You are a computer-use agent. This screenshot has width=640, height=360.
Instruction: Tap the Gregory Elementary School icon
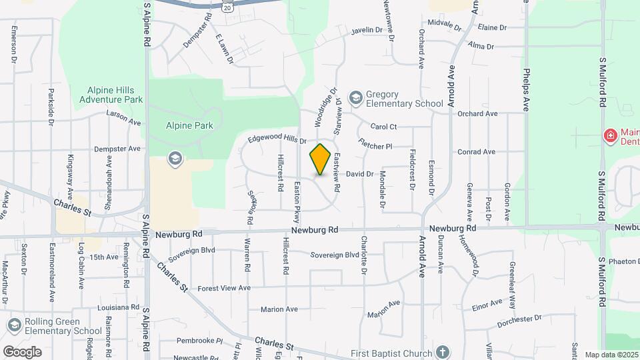(355, 99)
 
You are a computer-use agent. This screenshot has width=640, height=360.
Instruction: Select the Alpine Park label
(189, 125)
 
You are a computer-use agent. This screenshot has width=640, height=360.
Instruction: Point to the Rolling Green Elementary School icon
(13, 325)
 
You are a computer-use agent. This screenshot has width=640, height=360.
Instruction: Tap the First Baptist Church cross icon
(442, 351)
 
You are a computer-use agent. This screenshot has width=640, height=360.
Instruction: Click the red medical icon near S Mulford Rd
(609, 136)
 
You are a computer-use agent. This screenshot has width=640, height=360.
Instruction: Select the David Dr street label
(360, 174)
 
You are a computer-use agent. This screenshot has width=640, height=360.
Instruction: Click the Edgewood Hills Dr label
(277, 140)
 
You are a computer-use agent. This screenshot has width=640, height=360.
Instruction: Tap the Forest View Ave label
(224, 288)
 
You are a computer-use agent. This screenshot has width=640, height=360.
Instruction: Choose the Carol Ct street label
(383, 127)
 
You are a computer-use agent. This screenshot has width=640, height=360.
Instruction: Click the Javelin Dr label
(367, 30)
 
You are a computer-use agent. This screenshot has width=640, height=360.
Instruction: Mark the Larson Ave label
(124, 114)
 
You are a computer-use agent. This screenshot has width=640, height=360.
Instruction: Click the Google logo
(22, 351)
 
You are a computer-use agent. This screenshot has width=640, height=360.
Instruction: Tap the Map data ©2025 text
(610, 355)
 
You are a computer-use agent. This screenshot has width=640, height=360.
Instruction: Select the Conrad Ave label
(477, 152)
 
